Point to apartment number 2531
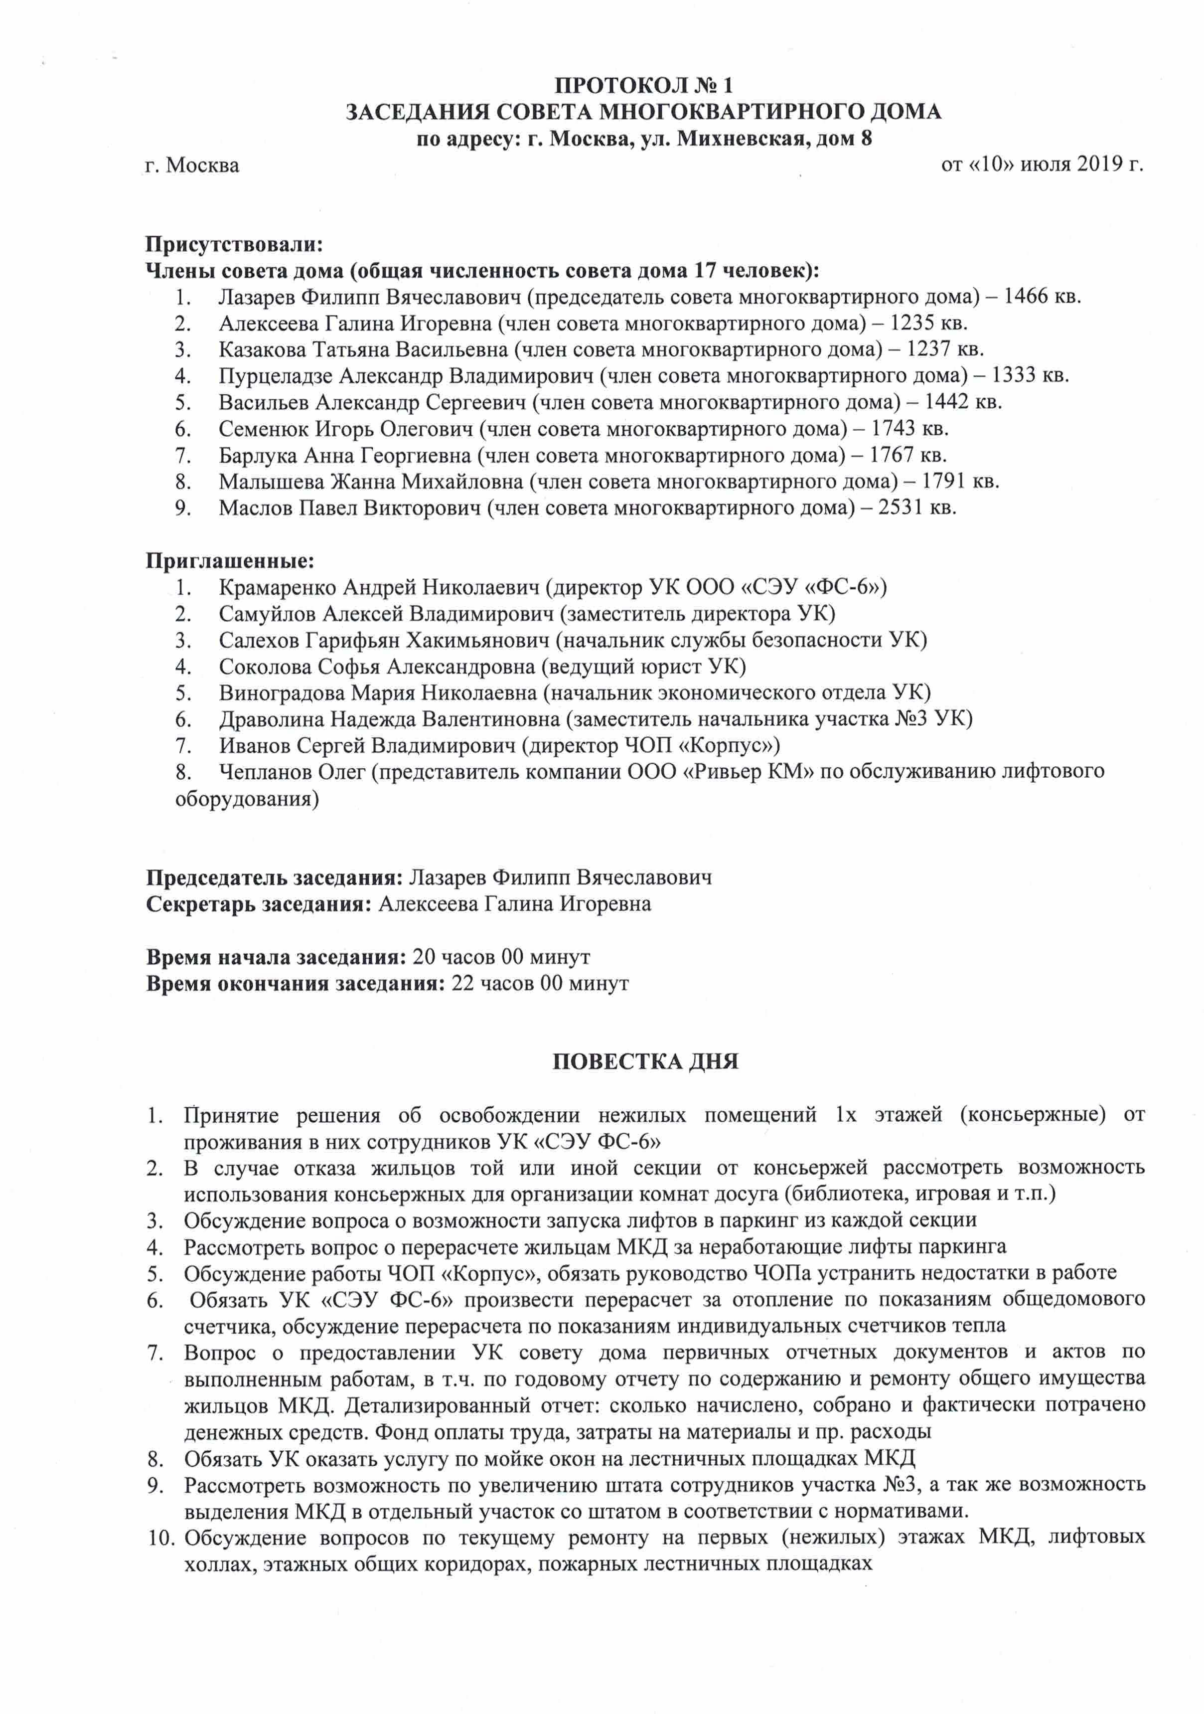[904, 508]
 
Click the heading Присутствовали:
[234, 244]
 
